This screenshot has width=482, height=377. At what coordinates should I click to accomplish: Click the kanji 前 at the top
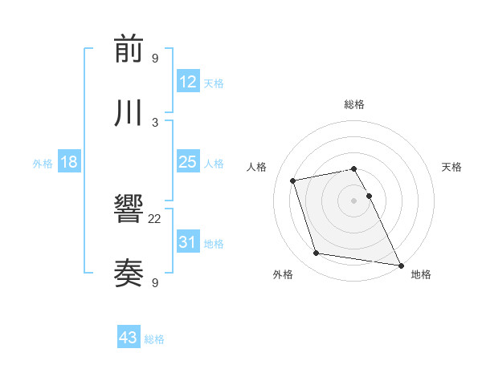pos(129,50)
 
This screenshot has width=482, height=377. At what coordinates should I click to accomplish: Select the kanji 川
pos(129,113)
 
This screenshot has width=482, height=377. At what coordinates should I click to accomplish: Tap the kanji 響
pos(129,211)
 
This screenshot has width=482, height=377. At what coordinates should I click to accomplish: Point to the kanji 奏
pos(129,274)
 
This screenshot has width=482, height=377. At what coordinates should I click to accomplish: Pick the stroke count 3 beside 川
pos(155,122)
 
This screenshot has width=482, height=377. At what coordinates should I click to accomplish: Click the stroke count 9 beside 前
pos(155,59)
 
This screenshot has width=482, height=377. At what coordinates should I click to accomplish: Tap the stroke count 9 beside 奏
pos(155,282)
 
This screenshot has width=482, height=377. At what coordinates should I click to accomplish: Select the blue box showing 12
pos(188,82)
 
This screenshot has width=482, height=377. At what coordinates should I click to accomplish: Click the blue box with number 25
pos(188,163)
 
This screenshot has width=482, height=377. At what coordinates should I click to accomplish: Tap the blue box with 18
pos(69,163)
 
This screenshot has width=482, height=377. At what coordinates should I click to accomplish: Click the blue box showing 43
pos(129,338)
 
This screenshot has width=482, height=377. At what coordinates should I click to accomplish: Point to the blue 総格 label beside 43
pos(154,339)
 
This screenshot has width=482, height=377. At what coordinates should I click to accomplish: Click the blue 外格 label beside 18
pos(43,164)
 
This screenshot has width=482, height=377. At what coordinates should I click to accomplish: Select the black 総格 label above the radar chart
pos(354,104)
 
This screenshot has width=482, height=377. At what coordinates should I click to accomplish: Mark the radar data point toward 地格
pos(399,264)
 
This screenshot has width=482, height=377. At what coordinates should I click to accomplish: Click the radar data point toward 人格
pos(293,180)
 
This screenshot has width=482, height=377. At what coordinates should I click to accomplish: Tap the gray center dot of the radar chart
pos(353,200)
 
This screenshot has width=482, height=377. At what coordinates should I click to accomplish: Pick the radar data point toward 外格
pos(317,253)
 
